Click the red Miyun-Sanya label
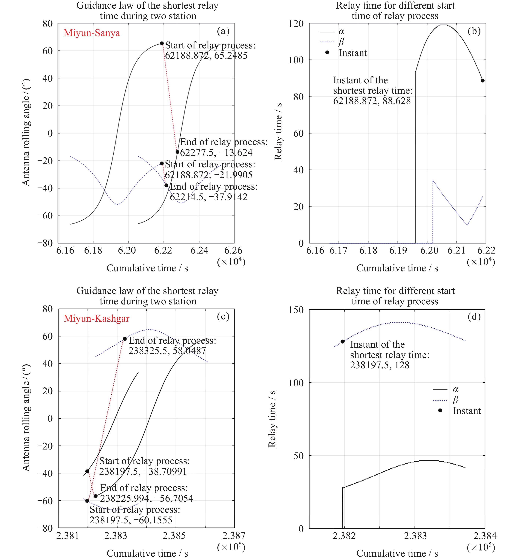tap(92, 33)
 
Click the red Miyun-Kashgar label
tap(96, 318)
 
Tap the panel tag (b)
tap(474, 31)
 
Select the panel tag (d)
tap(474, 317)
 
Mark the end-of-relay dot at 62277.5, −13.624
tap(178, 152)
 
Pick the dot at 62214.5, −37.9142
tap(166, 185)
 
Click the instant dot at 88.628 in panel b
tap(483, 81)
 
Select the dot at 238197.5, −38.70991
tap(87, 471)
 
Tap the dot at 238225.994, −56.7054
tap(96, 496)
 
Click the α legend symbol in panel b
tap(327, 32)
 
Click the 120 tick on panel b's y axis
tap(296, 23)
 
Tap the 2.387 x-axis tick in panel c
tap(234, 536)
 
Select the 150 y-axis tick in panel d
tap(296, 310)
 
